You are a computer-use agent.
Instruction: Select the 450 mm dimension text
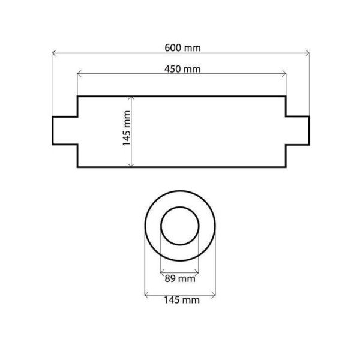point(182,69)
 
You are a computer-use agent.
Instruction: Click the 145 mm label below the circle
point(181,299)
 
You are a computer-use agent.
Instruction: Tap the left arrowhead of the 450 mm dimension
point(79,74)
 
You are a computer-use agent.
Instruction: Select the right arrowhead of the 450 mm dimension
point(284,74)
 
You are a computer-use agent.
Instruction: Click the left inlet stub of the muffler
point(65,130)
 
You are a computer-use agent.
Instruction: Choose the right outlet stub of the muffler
point(298,130)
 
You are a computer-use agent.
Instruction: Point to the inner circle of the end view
point(181,227)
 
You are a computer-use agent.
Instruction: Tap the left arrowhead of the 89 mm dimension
point(162,272)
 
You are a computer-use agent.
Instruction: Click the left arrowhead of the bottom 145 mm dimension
point(147,293)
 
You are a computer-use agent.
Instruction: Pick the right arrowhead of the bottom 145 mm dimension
point(214,293)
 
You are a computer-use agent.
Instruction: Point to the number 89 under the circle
point(172,278)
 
